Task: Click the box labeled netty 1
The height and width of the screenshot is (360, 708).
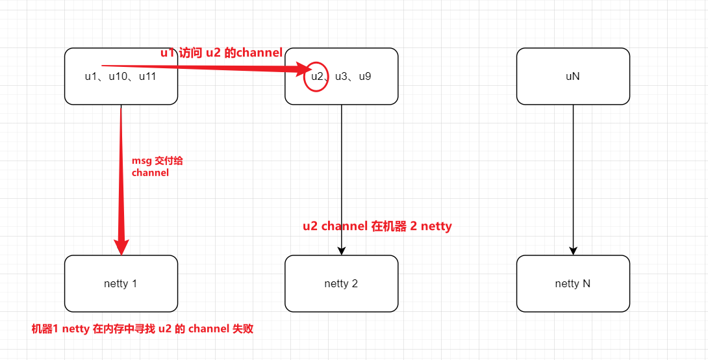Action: point(121,283)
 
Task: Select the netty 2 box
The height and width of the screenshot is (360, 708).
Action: point(341,283)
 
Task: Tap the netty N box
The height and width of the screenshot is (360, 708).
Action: point(573,283)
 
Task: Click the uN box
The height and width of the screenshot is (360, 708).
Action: point(573,76)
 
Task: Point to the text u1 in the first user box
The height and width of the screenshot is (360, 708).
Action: point(92,76)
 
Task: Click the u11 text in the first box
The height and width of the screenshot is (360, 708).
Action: point(149,76)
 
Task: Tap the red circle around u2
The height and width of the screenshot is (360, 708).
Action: point(316,76)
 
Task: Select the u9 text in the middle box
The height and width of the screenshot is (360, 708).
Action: point(365,76)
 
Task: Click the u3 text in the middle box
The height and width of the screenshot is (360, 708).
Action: point(342,76)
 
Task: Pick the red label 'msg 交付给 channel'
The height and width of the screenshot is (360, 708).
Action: point(152,166)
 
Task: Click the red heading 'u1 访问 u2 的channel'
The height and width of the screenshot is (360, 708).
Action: point(221,53)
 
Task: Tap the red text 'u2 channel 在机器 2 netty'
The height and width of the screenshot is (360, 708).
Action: point(377,226)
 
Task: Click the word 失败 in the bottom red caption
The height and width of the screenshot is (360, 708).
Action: point(242,329)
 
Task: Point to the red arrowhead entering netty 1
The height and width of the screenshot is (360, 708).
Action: point(121,247)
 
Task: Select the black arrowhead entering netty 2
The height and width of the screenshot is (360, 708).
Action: point(341,251)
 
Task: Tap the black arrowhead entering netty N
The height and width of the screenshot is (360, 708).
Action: point(573,251)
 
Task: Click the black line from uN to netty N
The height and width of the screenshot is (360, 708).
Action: point(573,175)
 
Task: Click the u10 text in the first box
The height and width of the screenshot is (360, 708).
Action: point(119,76)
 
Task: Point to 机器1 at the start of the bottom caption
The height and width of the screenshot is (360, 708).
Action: point(45,329)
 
